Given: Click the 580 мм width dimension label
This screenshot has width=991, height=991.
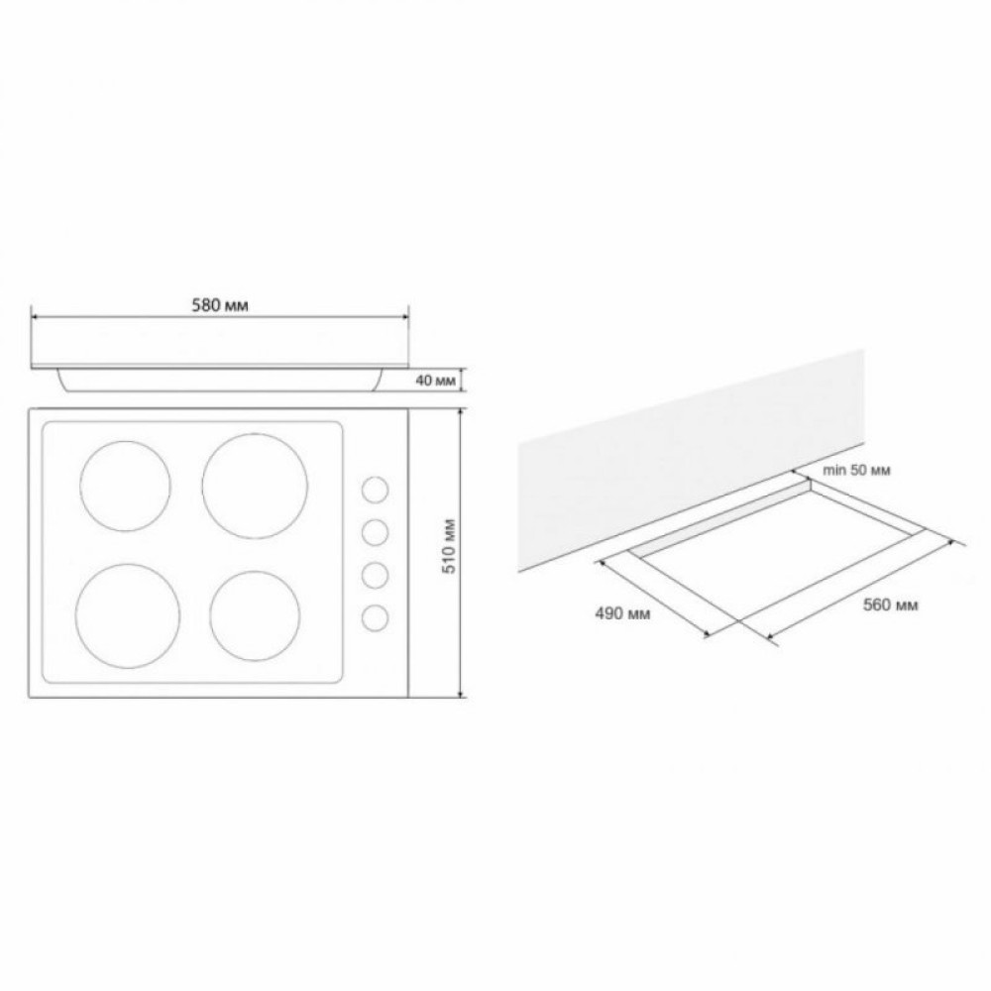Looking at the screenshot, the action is (x=219, y=306).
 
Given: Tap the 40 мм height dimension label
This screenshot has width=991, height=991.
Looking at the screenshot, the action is (x=435, y=381).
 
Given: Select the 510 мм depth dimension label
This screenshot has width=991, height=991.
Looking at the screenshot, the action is (x=450, y=547).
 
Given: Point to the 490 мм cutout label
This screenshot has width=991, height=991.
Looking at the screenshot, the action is (x=622, y=613).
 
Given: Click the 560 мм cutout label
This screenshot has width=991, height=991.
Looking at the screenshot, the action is (x=891, y=605).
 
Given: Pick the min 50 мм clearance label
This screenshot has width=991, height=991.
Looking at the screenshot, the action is (x=856, y=470).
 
